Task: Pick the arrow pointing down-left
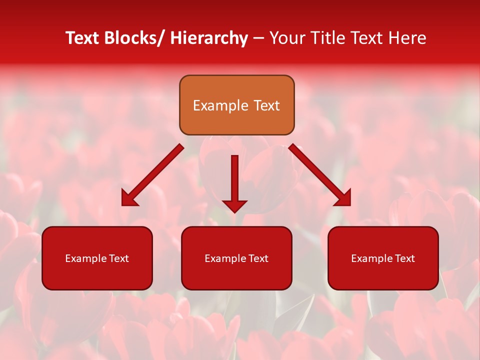(x=152, y=175)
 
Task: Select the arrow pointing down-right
(x=320, y=175)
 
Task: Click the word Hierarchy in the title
(x=208, y=38)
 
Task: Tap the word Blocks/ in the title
(x=134, y=38)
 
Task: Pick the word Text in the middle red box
(x=259, y=258)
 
